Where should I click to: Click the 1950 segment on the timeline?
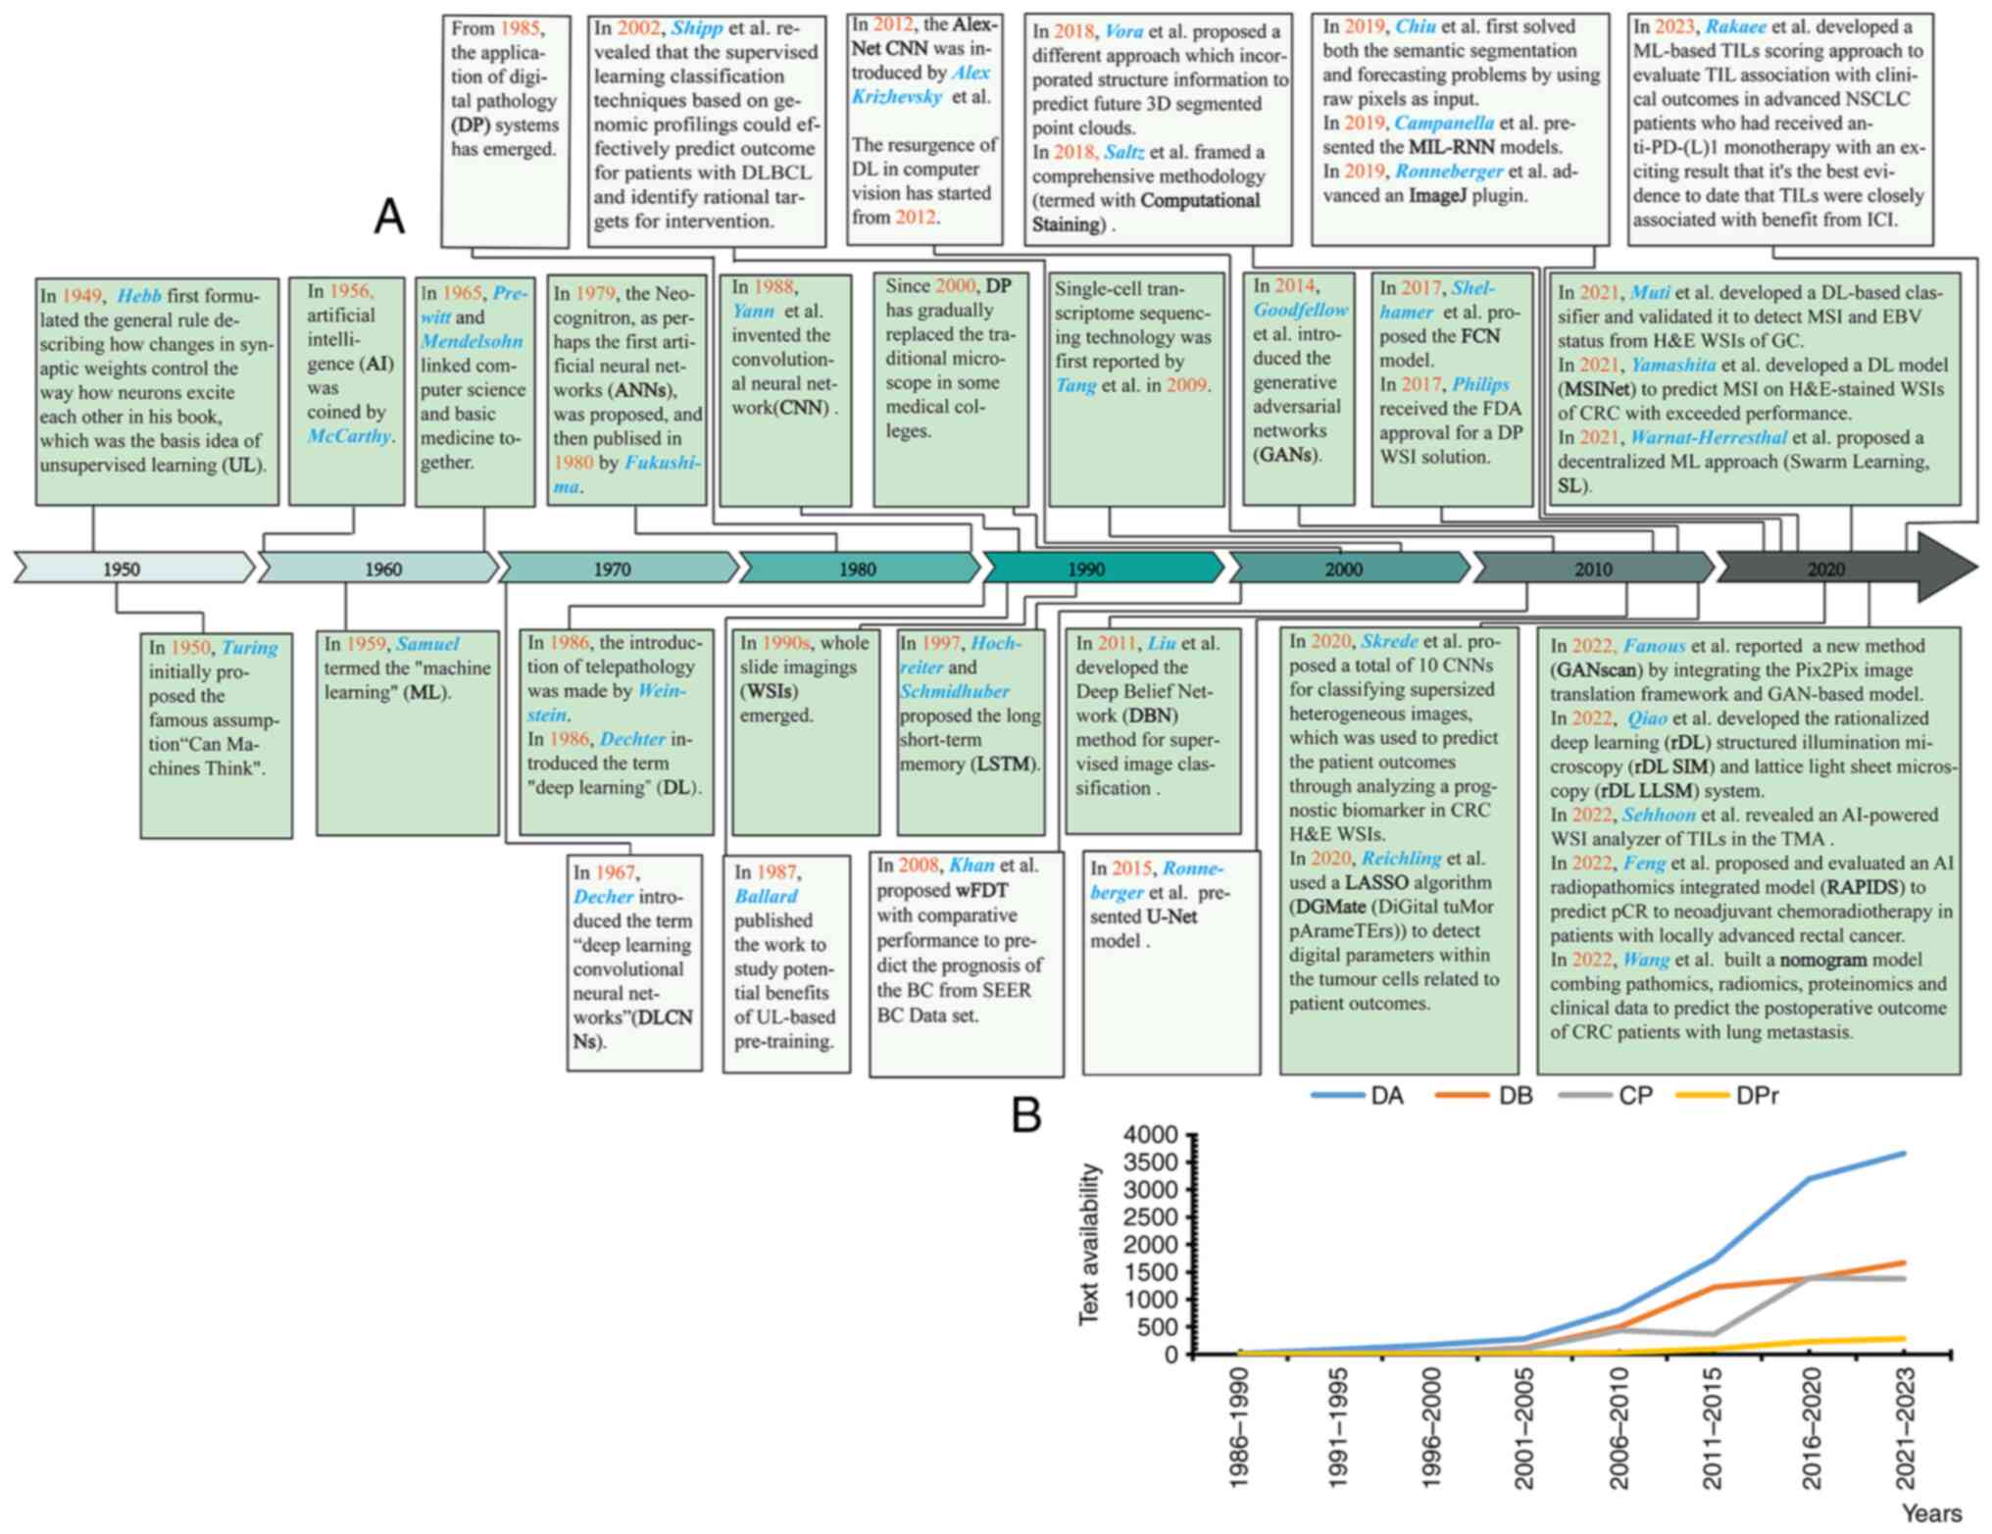click(x=123, y=569)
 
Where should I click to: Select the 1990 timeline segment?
click(x=1086, y=569)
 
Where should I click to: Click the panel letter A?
click(x=389, y=217)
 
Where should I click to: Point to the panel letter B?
click(x=1025, y=1115)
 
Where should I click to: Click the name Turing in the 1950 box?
click(x=249, y=648)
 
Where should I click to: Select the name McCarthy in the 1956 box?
click(x=348, y=436)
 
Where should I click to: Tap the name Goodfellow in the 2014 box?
click(x=1300, y=310)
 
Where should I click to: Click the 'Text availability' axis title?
click(x=1089, y=1245)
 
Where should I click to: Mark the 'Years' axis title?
click(x=1931, y=1513)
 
